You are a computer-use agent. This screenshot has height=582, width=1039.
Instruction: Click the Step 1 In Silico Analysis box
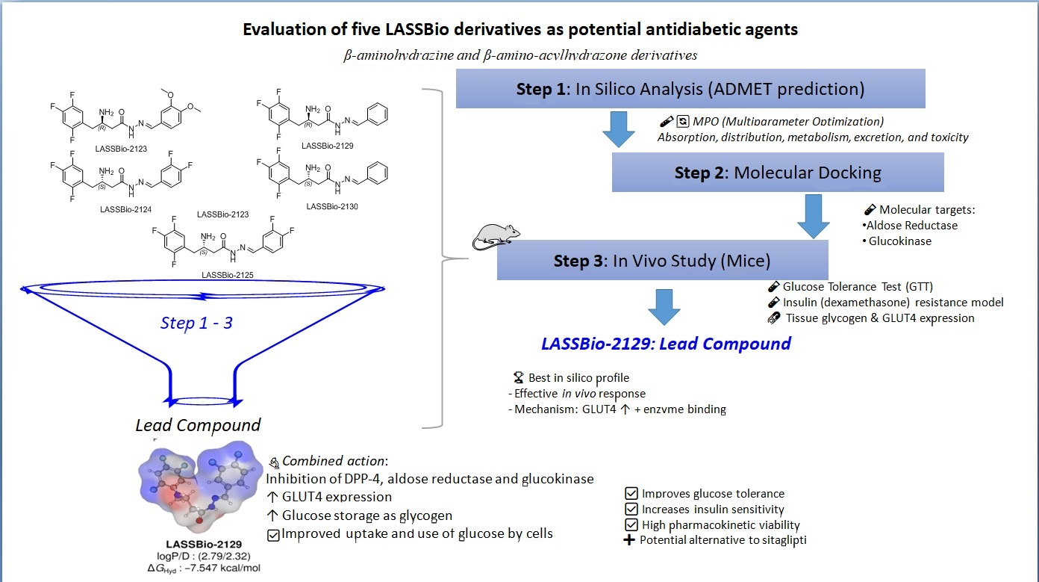click(x=690, y=89)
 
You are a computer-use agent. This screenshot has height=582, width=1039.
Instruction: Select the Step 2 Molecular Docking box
click(x=778, y=173)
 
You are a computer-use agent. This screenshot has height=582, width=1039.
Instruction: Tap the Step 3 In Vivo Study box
click(x=663, y=261)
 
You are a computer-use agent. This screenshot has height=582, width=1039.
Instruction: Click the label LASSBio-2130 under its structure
click(x=332, y=206)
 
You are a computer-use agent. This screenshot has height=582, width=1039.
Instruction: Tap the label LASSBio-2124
click(x=125, y=209)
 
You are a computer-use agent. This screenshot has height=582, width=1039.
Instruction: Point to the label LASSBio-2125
click(x=228, y=275)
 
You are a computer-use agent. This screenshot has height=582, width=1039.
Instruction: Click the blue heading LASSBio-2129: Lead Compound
click(x=667, y=344)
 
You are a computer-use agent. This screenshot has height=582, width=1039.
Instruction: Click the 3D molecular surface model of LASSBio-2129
click(x=199, y=487)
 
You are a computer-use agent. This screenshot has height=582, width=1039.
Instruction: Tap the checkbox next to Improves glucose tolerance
click(x=631, y=494)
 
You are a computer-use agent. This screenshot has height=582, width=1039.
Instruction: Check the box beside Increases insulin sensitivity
click(x=631, y=510)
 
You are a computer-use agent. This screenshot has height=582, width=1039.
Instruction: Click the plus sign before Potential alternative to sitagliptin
click(x=631, y=540)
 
